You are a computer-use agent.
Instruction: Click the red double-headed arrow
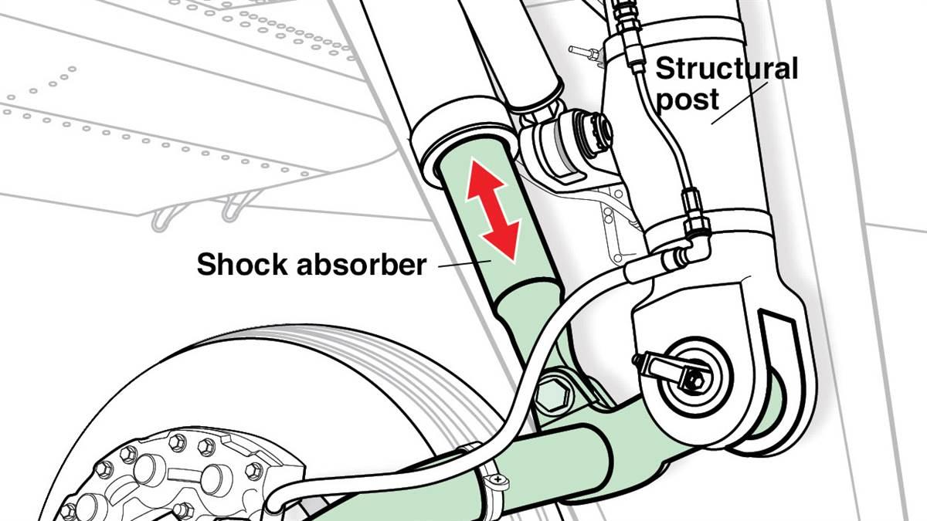tap(493, 210)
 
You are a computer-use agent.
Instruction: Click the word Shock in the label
tap(242, 264)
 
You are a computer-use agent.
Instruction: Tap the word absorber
tap(362, 264)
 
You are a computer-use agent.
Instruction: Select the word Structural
tap(726, 69)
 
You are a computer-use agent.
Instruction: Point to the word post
tap(688, 100)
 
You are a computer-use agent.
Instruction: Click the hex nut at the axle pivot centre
tap(694, 379)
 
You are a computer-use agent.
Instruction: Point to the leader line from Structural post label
tap(739, 103)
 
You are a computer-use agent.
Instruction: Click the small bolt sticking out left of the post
tap(583, 52)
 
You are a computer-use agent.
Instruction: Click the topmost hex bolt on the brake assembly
tap(178, 443)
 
